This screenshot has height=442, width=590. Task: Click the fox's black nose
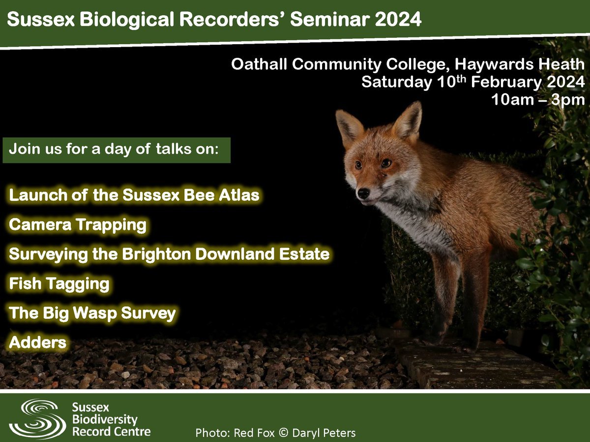click(x=363, y=193)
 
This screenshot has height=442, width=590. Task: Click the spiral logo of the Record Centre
click(x=37, y=418)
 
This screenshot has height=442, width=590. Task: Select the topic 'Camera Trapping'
click(x=78, y=225)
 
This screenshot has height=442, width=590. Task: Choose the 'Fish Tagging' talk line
click(x=59, y=283)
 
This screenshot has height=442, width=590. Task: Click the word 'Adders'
click(x=37, y=342)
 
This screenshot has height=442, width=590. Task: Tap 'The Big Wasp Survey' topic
click(x=92, y=313)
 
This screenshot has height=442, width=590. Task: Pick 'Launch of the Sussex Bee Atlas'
click(x=134, y=195)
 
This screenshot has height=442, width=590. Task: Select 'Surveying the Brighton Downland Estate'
click(x=169, y=254)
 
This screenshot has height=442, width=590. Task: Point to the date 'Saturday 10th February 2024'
click(x=472, y=82)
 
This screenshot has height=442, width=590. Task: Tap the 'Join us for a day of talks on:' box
click(x=117, y=149)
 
